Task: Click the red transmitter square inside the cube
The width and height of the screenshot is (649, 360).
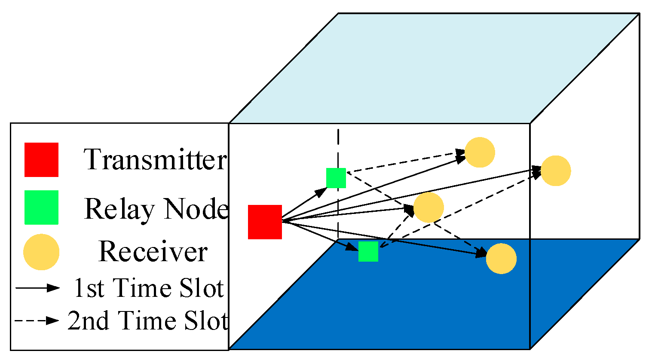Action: pyautogui.click(x=265, y=222)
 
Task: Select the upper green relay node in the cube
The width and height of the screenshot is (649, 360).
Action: pyautogui.click(x=336, y=178)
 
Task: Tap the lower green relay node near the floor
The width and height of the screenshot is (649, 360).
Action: pyautogui.click(x=368, y=251)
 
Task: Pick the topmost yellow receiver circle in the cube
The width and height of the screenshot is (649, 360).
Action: pyautogui.click(x=480, y=152)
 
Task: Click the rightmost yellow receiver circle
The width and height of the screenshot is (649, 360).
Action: pyautogui.click(x=555, y=171)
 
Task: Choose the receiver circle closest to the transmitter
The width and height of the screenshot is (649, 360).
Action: pyautogui.click(x=429, y=207)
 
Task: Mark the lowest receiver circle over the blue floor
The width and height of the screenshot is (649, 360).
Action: pyautogui.click(x=501, y=259)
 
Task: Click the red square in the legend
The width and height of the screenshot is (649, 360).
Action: pyautogui.click(x=41, y=160)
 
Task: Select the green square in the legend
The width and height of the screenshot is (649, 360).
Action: pyautogui.click(x=41, y=207)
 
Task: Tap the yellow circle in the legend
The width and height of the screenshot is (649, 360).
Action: pyautogui.click(x=41, y=252)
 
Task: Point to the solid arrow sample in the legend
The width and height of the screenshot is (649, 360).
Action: pyautogui.click(x=37, y=288)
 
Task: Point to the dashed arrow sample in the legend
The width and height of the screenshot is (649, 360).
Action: pyautogui.click(x=37, y=320)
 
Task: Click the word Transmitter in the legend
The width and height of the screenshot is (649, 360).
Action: pyautogui.click(x=155, y=160)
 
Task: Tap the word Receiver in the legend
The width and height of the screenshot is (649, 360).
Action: pyautogui.click(x=153, y=252)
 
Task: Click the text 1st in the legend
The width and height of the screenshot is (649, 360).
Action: pyautogui.click(x=89, y=288)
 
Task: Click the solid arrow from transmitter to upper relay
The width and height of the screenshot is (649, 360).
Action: pyautogui.click(x=304, y=204)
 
